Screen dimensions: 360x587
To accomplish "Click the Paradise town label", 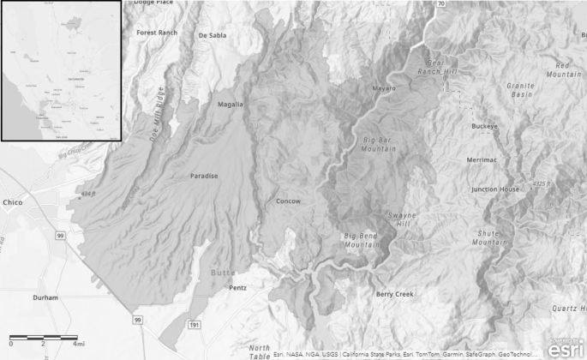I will pyautogui.click(x=204, y=176).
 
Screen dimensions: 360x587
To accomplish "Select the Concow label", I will pyautogui.click(x=288, y=201).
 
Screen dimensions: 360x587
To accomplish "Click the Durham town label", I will pyautogui.click(x=44, y=297).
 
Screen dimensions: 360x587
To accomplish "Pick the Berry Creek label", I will pyautogui.click(x=395, y=294).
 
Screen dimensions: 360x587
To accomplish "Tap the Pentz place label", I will pyautogui.click(x=237, y=288).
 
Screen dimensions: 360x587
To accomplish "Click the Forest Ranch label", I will pyautogui.click(x=157, y=33).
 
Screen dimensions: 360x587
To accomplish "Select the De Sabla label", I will pyautogui.click(x=213, y=36).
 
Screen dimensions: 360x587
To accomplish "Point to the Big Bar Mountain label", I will pyautogui.click(x=380, y=143).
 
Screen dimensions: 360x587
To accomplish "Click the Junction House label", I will pyautogui.click(x=495, y=189).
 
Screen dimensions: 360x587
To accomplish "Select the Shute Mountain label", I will pyautogui.click(x=490, y=237).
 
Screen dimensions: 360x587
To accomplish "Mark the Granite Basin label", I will pyautogui.click(x=520, y=90).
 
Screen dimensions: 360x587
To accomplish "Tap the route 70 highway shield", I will pyautogui.click(x=440, y=4).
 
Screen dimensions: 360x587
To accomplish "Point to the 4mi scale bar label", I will pyautogui.click(x=78, y=343).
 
